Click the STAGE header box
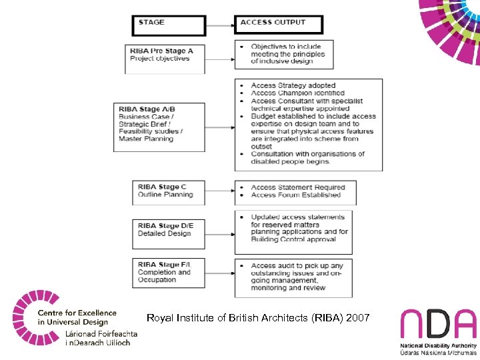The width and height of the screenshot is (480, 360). (169, 25)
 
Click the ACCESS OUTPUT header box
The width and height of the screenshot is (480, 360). (279, 25)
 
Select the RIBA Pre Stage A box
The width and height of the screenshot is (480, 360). (165, 58)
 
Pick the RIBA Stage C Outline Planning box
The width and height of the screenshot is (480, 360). (168, 191)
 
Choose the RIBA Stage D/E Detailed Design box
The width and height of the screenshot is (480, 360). (168, 230)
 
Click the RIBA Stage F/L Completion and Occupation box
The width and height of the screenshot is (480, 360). (168, 272)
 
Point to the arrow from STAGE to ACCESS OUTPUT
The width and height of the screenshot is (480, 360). (220, 25)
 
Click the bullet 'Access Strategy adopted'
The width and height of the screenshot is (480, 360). (293, 86)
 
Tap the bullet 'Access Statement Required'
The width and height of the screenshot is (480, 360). (297, 187)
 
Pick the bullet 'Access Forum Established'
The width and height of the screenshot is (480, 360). (295, 195)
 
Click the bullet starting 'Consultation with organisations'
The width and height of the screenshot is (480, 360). (307, 158)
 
